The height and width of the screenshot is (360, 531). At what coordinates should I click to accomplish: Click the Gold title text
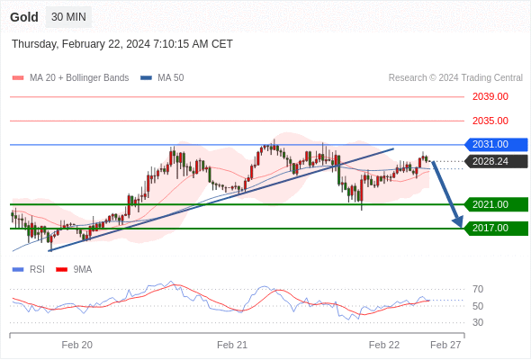pyautogui.click(x=24, y=17)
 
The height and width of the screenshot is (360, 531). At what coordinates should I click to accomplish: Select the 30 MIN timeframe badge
pyautogui.click(x=68, y=17)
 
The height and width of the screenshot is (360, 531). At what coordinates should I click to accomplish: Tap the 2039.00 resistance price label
pyautogui.click(x=490, y=96)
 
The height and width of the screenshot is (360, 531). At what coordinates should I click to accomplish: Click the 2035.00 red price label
pyautogui.click(x=490, y=121)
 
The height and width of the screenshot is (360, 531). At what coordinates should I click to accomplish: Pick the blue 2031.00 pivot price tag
pyautogui.click(x=496, y=145)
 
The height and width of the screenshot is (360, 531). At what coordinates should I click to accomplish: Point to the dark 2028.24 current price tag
pyautogui.click(x=496, y=161)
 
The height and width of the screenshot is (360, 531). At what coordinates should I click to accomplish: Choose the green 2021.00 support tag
pyautogui.click(x=496, y=204)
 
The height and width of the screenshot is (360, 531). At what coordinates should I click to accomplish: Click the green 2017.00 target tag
pyautogui.click(x=496, y=229)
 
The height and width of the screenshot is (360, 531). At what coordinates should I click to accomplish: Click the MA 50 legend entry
pyautogui.click(x=162, y=78)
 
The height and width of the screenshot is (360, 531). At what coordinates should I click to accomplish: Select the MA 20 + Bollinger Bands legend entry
pyautogui.click(x=70, y=78)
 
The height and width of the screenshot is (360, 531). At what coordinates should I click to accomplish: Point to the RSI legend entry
pyautogui.click(x=29, y=270)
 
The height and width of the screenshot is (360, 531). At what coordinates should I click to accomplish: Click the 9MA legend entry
pyautogui.click(x=74, y=270)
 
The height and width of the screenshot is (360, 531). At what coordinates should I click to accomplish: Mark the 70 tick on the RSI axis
pyautogui.click(x=478, y=289)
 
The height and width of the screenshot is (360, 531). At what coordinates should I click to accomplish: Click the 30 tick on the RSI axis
pyautogui.click(x=478, y=322)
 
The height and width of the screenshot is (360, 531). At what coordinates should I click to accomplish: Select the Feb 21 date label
pyautogui.click(x=232, y=345)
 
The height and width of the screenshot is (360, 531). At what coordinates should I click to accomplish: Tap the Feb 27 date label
pyautogui.click(x=445, y=345)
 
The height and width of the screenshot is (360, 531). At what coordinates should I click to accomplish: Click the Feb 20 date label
pyautogui.click(x=77, y=345)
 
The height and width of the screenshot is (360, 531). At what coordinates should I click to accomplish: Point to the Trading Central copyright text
pyautogui.click(x=455, y=78)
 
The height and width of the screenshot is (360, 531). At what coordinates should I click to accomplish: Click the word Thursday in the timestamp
pyautogui.click(x=35, y=44)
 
